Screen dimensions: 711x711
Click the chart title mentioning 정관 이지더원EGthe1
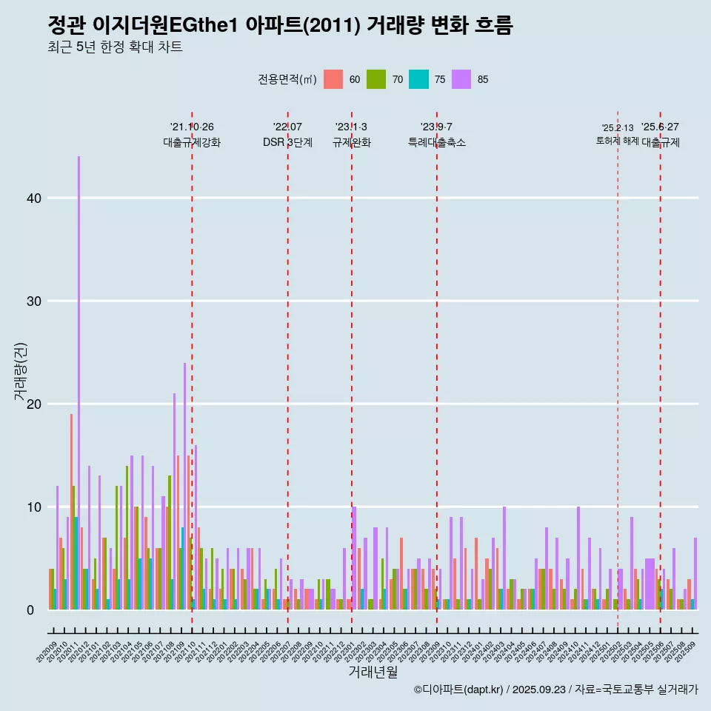click(x=280, y=25)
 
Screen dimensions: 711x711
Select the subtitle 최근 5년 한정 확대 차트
click(x=115, y=47)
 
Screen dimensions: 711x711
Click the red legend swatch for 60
click(x=333, y=79)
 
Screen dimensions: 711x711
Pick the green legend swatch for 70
click(x=376, y=79)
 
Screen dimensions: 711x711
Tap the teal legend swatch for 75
click(x=418, y=79)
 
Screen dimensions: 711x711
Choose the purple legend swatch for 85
click(x=461, y=79)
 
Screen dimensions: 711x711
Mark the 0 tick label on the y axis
click(x=33, y=610)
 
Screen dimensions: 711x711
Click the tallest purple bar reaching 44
click(x=79, y=370)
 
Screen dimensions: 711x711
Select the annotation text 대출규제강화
click(x=192, y=142)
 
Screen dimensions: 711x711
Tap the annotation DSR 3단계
click(x=287, y=142)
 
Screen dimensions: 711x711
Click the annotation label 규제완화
click(x=351, y=142)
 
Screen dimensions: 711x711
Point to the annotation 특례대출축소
click(x=437, y=142)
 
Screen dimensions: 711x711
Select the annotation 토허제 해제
click(x=618, y=141)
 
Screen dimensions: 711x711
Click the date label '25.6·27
click(x=660, y=127)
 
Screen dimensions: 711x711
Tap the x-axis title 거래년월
click(x=373, y=672)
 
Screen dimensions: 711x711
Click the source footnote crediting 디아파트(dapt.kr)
click(x=555, y=690)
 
